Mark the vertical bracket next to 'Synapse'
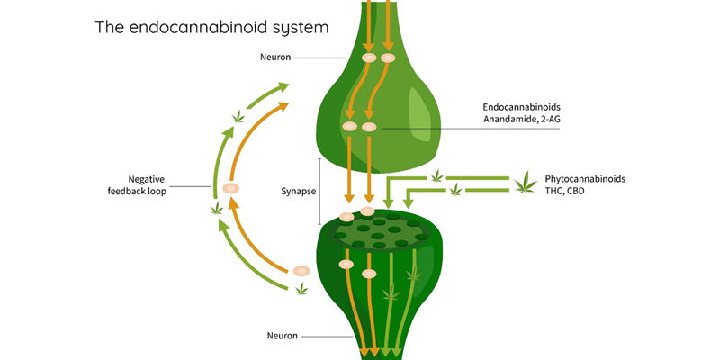320,192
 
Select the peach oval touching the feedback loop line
230,188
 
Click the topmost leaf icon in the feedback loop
238,116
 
